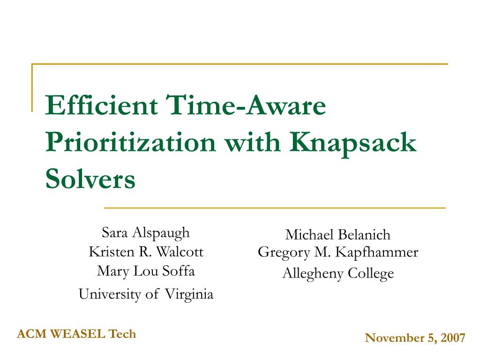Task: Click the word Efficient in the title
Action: point(102,105)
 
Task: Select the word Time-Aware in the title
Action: point(246,105)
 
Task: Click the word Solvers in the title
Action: point(90,179)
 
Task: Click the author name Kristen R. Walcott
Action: point(146,252)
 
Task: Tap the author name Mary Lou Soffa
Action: point(146,271)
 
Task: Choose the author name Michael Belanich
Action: point(338,235)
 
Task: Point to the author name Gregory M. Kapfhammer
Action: point(338,253)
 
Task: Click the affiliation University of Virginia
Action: point(146,294)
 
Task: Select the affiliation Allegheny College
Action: point(338,273)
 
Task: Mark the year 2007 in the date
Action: point(453,338)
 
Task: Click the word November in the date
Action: point(395,338)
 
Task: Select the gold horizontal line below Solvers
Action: point(275,208)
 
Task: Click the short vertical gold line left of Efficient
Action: point(32,88)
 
